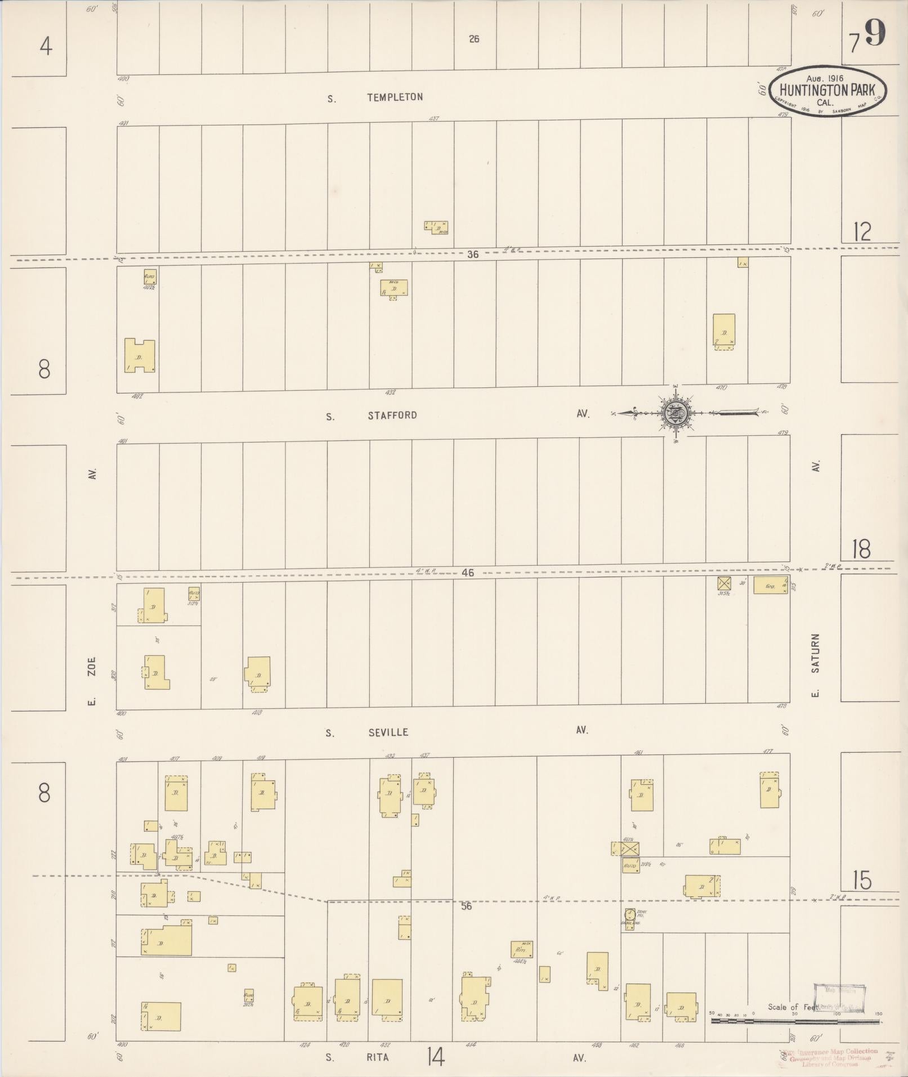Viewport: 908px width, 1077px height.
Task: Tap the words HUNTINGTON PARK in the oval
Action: click(828, 91)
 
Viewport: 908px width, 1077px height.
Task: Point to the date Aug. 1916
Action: click(824, 78)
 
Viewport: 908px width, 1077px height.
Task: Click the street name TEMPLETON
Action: click(395, 97)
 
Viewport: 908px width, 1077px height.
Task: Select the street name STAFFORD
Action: click(392, 415)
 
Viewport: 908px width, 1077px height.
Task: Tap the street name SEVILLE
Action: click(388, 732)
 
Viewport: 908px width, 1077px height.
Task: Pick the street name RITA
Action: click(378, 1057)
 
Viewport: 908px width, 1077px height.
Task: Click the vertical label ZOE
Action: click(92, 667)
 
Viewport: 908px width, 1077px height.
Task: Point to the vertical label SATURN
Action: click(815, 653)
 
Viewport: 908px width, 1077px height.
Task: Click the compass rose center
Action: click(676, 413)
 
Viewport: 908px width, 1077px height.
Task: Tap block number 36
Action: click(472, 254)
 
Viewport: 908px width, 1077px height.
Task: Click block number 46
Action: click(467, 573)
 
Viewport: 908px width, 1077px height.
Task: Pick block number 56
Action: click(466, 906)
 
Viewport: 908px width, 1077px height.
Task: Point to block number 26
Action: click(474, 39)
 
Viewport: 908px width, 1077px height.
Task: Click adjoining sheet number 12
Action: click(862, 231)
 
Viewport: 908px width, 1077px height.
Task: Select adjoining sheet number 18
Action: click(861, 549)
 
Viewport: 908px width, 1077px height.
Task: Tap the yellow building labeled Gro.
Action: click(770, 586)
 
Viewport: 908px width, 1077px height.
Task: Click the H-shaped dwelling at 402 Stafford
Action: click(139, 356)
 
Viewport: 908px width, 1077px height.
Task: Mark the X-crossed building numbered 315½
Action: click(724, 583)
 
